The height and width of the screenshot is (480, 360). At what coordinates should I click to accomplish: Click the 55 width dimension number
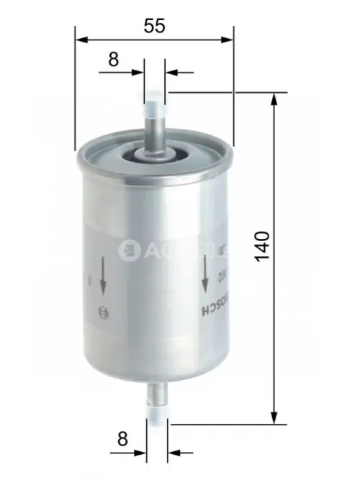pyautogui.click(x=154, y=26)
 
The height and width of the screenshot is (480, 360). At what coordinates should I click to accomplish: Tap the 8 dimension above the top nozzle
pyautogui.click(x=113, y=60)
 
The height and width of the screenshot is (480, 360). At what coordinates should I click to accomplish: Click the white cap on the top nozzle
pyautogui.click(x=155, y=109)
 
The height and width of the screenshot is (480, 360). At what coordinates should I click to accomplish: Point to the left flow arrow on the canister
pyautogui.click(x=103, y=275)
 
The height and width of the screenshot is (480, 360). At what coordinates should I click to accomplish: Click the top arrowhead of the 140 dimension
pyautogui.click(x=274, y=99)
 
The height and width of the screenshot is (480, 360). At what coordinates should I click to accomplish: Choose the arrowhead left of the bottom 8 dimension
pyautogui.click(x=140, y=453)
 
